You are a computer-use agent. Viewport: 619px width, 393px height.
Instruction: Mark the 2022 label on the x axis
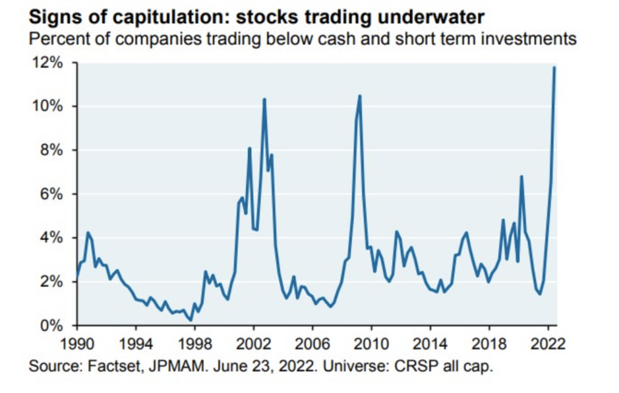pyautogui.click(x=548, y=346)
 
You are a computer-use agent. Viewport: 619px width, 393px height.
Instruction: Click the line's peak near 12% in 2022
pyautogui.click(x=554, y=67)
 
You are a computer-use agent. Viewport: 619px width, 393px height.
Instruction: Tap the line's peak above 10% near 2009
pyautogui.click(x=360, y=95)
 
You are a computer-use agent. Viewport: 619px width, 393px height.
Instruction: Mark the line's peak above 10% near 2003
pyautogui.click(x=264, y=99)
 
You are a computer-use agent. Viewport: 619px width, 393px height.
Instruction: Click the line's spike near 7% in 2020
pyautogui.click(x=521, y=176)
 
